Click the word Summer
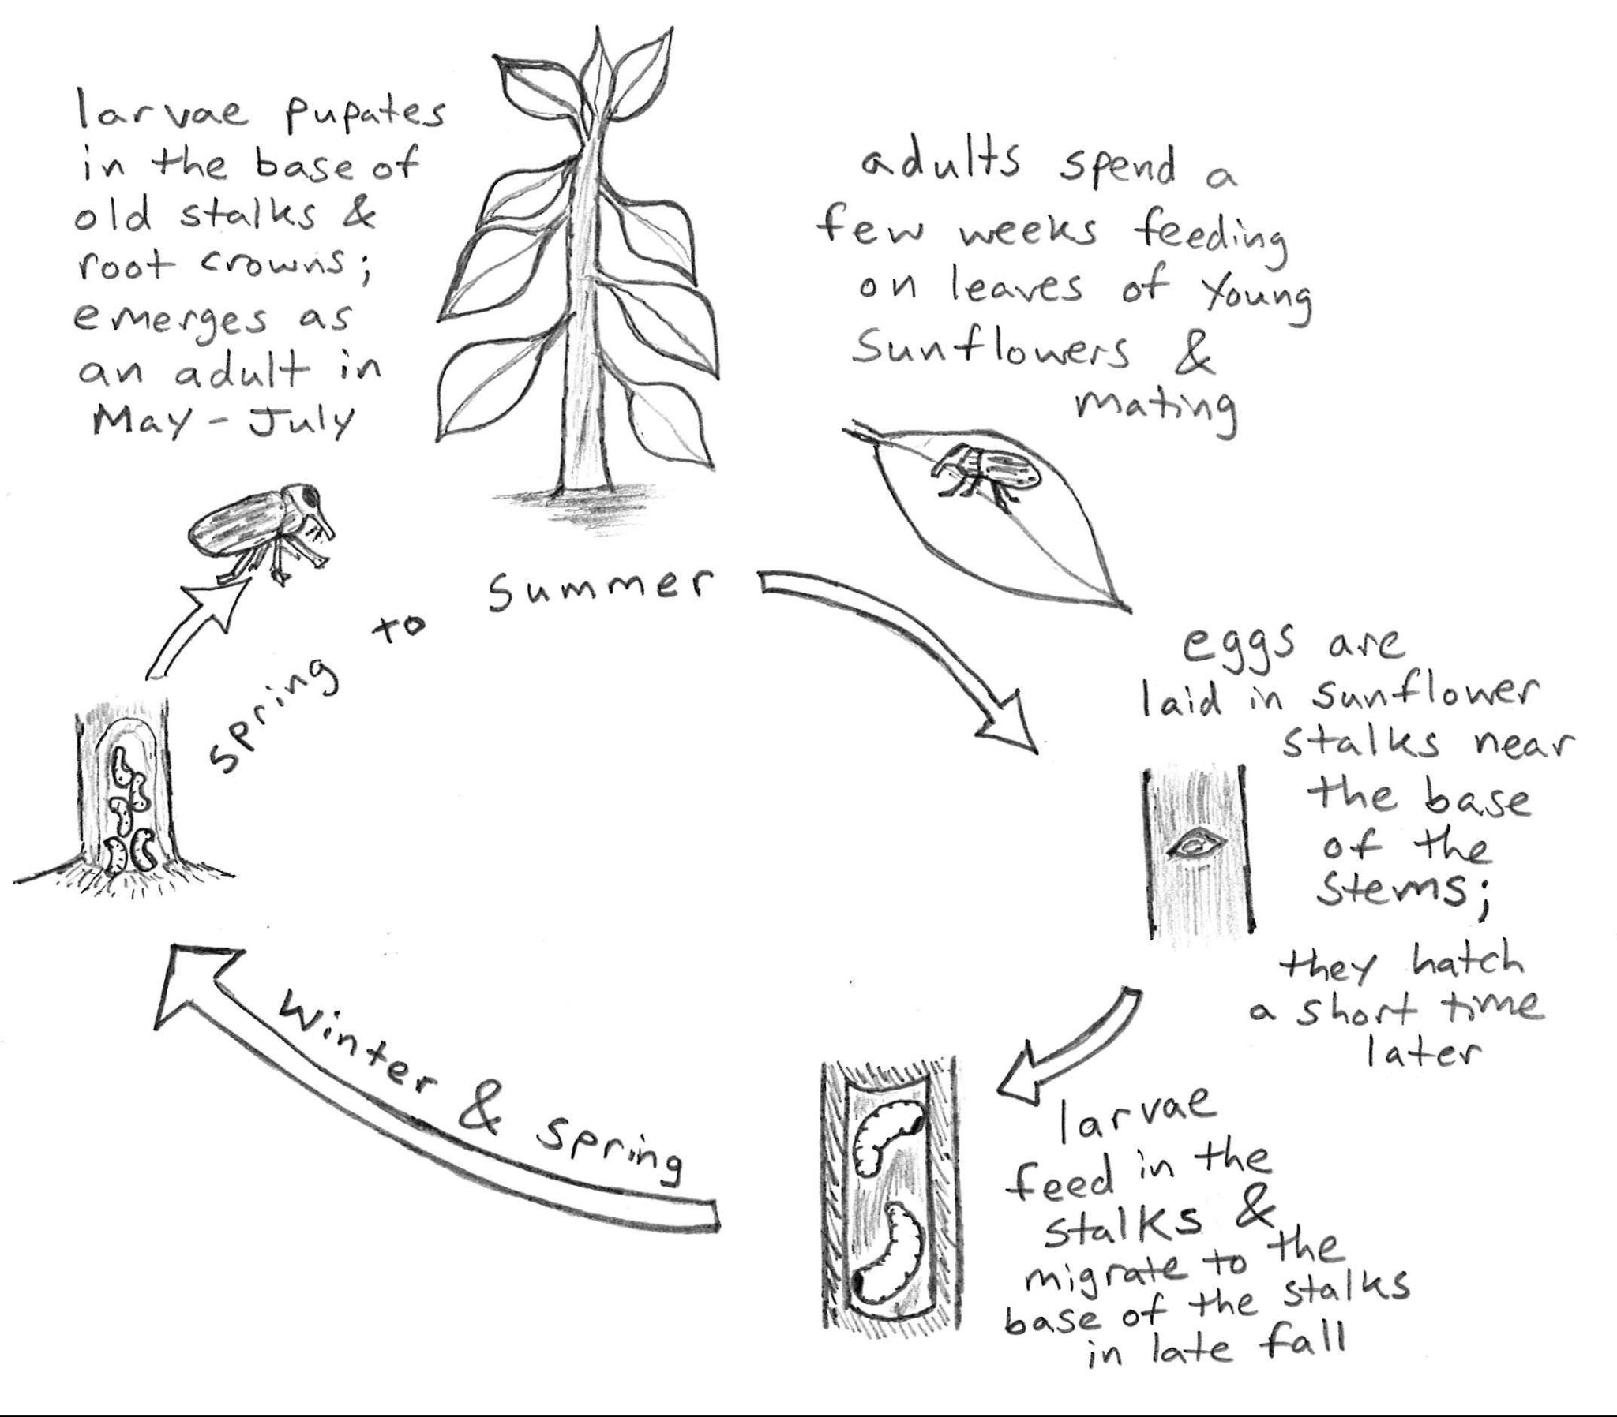(x=598, y=590)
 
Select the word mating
(x=1155, y=407)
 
